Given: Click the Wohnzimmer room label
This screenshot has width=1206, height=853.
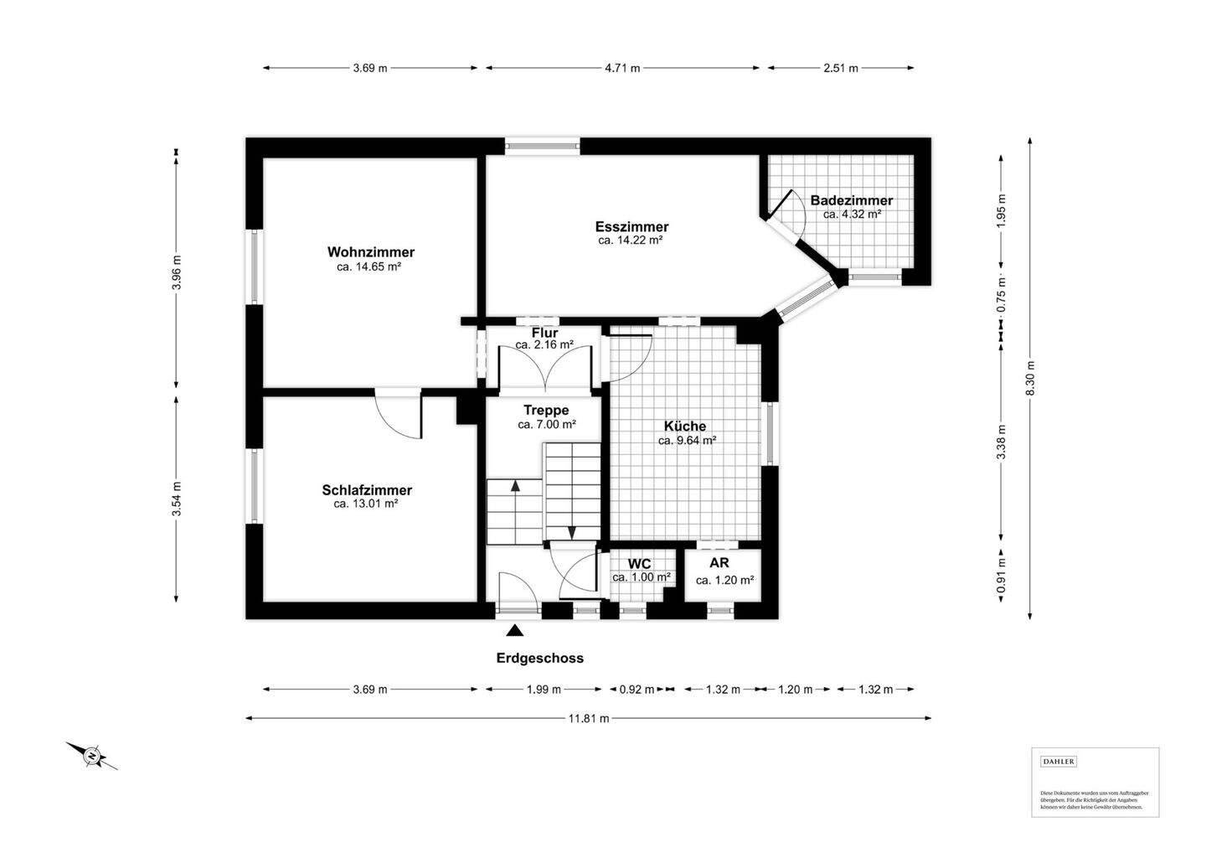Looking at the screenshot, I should [370, 252].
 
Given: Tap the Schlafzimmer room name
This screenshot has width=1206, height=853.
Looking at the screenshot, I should [367, 490].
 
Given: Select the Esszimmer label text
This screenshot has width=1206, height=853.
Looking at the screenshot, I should [631, 227].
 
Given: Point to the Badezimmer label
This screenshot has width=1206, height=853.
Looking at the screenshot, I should [851, 201].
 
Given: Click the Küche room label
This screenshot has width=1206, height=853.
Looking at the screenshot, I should [685, 426].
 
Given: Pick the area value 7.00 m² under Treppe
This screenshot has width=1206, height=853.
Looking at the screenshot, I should [546, 425].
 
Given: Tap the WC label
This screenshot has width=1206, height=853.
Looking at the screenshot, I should [639, 564].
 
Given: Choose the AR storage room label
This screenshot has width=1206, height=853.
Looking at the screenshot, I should [719, 563].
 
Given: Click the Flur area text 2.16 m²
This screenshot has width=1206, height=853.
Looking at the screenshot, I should [544, 344].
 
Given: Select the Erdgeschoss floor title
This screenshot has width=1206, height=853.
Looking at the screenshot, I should [539, 659].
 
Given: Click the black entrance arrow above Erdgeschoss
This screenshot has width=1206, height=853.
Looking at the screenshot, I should [514, 632].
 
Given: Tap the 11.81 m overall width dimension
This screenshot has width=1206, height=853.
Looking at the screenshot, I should [589, 718].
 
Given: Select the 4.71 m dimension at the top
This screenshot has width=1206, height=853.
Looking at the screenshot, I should [622, 69].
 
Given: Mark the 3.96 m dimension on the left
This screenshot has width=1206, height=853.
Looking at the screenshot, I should [176, 271].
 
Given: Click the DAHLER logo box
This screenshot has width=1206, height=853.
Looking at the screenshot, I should [1059, 762].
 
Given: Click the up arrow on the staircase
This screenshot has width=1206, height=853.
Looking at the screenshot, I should [515, 484].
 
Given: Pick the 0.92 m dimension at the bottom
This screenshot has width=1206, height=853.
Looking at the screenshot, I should [636, 690].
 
